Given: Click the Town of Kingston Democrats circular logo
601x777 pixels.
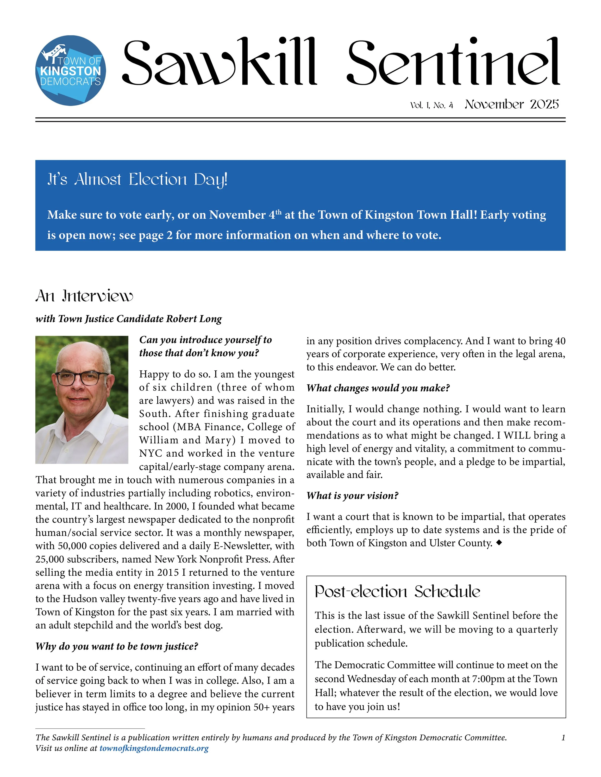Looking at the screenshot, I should coord(70,70).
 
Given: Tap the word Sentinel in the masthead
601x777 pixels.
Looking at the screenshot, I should coord(453,62).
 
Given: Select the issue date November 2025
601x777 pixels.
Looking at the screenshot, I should coord(512,104).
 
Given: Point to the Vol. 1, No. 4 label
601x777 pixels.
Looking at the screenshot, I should coord(432,105).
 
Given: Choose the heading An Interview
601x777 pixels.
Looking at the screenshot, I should coord(84,296).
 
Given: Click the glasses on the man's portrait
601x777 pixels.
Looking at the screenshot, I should coord(81,378).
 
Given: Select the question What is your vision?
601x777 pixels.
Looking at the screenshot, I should coord(352,496).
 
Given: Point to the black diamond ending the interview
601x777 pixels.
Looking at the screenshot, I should coord(499,543).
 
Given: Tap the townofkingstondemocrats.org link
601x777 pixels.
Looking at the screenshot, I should coord(154,748).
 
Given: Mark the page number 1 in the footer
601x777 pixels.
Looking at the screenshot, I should coord(563,738).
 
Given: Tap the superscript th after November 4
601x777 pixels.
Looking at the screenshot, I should coord(278,212).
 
